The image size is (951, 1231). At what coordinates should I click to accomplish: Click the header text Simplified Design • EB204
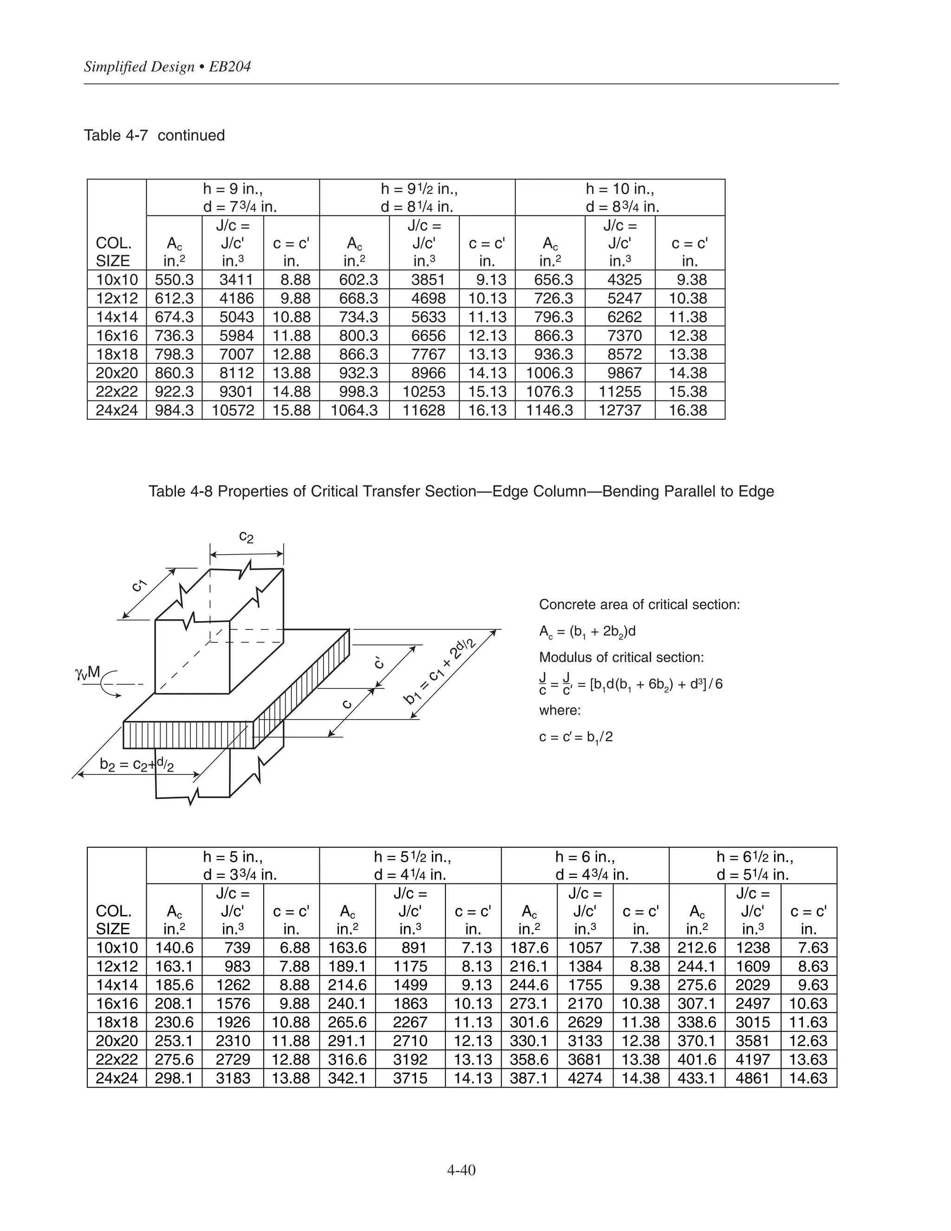tap(167, 67)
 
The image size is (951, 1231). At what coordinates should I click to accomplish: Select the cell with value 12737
tap(620, 410)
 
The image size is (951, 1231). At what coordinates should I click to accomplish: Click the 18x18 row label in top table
tap(117, 354)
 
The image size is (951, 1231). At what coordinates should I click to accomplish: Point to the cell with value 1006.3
tap(550, 373)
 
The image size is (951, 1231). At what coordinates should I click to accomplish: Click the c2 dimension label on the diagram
tap(246, 536)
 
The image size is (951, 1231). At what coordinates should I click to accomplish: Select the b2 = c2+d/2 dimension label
tap(137, 764)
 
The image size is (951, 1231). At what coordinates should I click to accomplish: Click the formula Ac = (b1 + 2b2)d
tap(587, 631)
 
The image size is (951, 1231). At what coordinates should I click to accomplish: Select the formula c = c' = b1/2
tap(575, 737)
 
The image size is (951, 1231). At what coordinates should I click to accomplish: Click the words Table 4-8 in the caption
tap(180, 491)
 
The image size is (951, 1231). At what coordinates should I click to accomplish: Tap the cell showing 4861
tap(753, 1078)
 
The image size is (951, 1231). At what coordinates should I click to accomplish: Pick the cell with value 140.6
tap(174, 948)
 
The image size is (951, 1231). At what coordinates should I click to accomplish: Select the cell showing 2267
tap(410, 1022)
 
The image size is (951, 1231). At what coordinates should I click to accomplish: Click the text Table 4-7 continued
tap(154, 135)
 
